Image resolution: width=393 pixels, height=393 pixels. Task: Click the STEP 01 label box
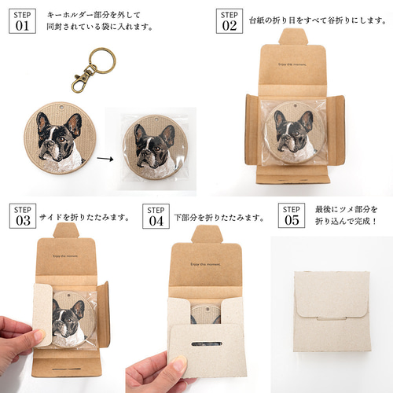coord(21,21)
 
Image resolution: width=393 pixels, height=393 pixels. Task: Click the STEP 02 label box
coord(229,21)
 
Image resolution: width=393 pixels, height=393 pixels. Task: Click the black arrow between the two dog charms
coord(103,156)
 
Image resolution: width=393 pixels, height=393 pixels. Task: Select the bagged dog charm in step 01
coord(154,149)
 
